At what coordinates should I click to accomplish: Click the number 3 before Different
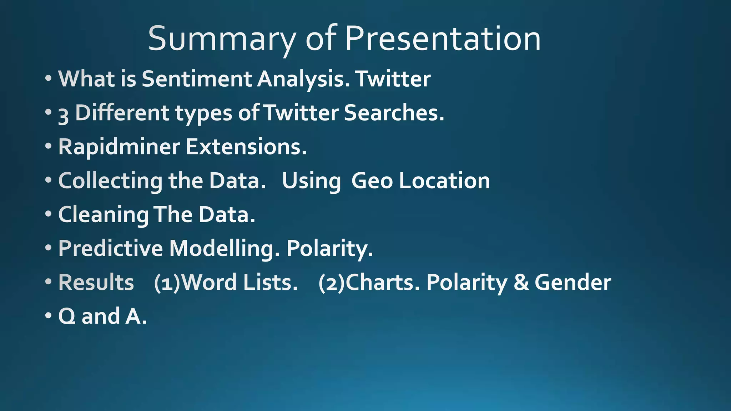(63, 115)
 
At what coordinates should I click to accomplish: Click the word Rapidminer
(119, 147)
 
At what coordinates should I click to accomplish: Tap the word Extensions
(246, 147)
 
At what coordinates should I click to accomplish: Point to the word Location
(444, 181)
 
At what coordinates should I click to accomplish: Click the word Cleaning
(104, 215)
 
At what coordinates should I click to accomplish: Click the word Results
(96, 282)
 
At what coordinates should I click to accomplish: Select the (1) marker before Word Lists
(167, 283)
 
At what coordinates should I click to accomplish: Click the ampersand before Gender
(521, 282)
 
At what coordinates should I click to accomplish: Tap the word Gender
(573, 282)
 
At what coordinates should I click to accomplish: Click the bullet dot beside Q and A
(49, 316)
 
